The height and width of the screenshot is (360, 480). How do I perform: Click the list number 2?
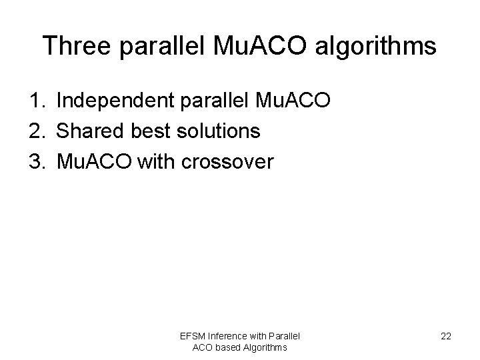[x=36, y=131]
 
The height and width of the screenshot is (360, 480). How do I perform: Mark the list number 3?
[x=36, y=161]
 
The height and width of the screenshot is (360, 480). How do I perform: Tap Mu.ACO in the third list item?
[x=94, y=161]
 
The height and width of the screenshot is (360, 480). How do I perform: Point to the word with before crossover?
[x=157, y=161]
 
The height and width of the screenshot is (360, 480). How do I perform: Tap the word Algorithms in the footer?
[x=265, y=347]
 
